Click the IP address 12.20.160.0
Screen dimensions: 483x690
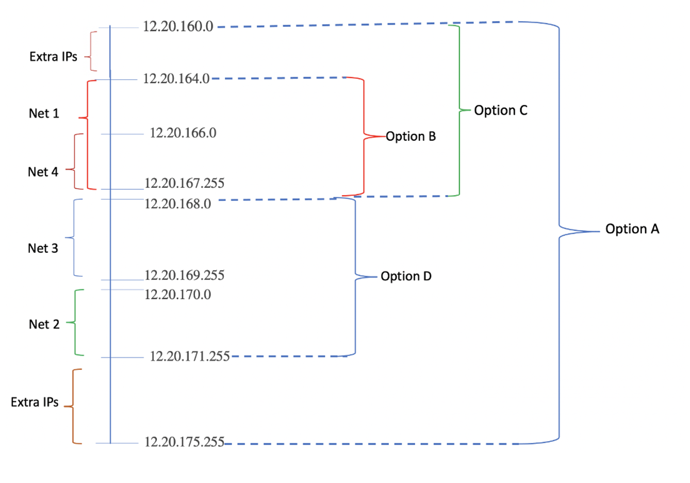(x=178, y=26)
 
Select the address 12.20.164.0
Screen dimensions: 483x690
(x=176, y=78)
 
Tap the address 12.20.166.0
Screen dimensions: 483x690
(x=183, y=133)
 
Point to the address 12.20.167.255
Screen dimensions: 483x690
(x=184, y=183)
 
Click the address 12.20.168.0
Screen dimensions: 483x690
(x=177, y=204)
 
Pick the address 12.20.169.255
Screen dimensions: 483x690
(x=184, y=275)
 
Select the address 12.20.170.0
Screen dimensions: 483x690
(x=177, y=295)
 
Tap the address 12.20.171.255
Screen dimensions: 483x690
(x=189, y=356)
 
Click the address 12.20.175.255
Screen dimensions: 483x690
(x=184, y=442)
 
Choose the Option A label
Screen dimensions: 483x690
(x=632, y=229)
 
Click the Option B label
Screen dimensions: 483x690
(x=411, y=137)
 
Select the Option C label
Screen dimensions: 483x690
(x=501, y=110)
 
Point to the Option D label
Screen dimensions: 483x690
(x=406, y=277)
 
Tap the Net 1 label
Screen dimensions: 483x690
(x=44, y=114)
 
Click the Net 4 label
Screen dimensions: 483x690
(x=43, y=172)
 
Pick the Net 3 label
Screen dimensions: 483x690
(x=43, y=248)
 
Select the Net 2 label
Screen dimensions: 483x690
(x=44, y=325)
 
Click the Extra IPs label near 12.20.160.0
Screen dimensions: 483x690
(x=53, y=57)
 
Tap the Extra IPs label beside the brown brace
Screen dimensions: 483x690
(x=35, y=402)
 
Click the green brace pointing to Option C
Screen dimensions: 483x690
(x=459, y=110)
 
